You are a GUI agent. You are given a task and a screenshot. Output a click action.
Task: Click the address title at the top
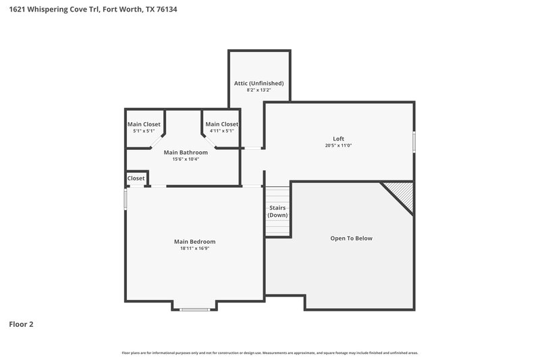pyautogui.click(x=94, y=9)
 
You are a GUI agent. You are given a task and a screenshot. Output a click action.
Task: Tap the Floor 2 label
pyautogui.click(x=21, y=324)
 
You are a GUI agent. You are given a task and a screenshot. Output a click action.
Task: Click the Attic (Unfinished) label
pyautogui.click(x=259, y=83)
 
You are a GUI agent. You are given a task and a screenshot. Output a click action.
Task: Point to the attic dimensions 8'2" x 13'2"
pyautogui.click(x=259, y=90)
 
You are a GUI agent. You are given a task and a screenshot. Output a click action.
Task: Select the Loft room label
pyautogui.click(x=339, y=138)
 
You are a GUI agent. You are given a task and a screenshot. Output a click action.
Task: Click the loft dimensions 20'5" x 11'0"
pyautogui.click(x=339, y=145)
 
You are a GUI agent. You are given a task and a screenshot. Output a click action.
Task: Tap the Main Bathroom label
pyautogui.click(x=186, y=153)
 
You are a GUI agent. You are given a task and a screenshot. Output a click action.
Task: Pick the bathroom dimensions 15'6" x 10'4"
pyautogui.click(x=186, y=159)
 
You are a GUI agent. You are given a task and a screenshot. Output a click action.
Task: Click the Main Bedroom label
pyautogui.click(x=194, y=241)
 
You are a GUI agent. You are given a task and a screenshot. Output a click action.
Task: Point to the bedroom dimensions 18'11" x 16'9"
pyautogui.click(x=194, y=248)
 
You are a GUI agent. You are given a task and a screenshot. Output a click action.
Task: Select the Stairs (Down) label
pyautogui.click(x=277, y=211)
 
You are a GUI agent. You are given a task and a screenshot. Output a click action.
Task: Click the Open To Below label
pyautogui.click(x=351, y=238)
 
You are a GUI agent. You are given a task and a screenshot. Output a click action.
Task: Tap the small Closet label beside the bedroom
pyautogui.click(x=136, y=178)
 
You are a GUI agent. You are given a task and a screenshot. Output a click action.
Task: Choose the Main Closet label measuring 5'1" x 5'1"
pyautogui.click(x=144, y=124)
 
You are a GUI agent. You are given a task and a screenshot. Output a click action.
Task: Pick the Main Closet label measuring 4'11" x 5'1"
pyautogui.click(x=221, y=124)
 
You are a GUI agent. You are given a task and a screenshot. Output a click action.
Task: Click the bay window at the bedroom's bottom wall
pyautogui.click(x=194, y=309)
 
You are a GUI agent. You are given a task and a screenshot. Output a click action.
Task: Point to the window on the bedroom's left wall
pyautogui.click(x=125, y=199)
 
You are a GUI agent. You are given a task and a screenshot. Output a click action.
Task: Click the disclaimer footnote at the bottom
pyautogui.click(x=270, y=353)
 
